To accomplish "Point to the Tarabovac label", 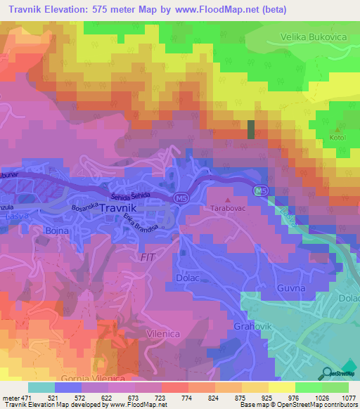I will coord(226,209).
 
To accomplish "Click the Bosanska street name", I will coord(87,209).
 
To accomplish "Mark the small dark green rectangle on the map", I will coord(251,130).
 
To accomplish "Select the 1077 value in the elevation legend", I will coord(349,398).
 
